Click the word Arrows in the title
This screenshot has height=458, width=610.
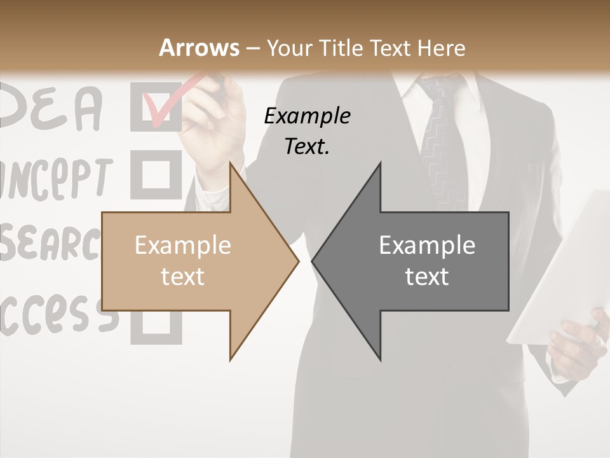click(200, 48)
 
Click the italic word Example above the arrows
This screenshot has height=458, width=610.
click(307, 116)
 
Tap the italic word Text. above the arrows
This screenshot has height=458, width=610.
click(307, 146)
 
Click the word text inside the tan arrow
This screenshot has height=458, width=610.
click(182, 276)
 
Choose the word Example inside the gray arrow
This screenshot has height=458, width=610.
click(427, 246)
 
